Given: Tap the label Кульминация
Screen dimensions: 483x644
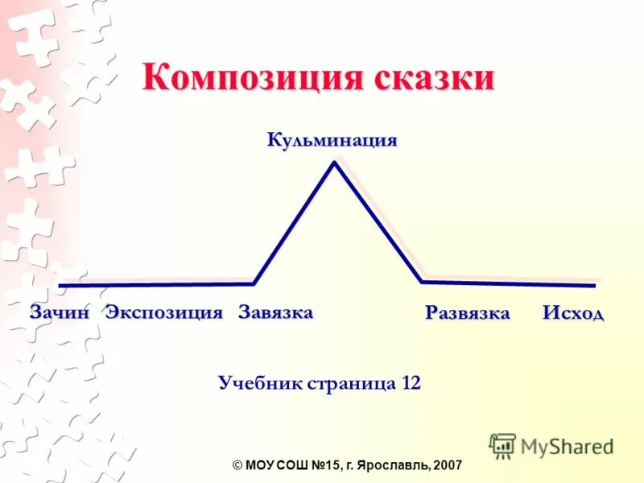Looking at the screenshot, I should (332, 140).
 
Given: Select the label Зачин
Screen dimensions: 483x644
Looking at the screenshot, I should (59, 313).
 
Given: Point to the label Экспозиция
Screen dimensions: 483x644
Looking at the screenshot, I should (164, 313).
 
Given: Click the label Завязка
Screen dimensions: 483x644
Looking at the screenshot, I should (275, 312).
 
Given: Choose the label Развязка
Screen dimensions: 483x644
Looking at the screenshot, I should (468, 313).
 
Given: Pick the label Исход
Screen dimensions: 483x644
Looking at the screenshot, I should (572, 313).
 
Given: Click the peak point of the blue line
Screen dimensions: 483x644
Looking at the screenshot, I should (334, 163).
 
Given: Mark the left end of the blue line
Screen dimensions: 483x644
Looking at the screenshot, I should (60, 285).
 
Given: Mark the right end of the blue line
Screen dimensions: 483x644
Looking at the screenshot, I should (594, 285).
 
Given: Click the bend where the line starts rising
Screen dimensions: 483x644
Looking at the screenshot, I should (254, 283).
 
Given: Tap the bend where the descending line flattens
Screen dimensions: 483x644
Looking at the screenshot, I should (422, 281).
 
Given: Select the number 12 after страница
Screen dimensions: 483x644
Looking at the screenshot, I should (411, 382).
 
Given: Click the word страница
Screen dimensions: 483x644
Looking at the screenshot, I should (353, 382).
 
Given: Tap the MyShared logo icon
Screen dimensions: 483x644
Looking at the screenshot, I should (503, 445).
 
